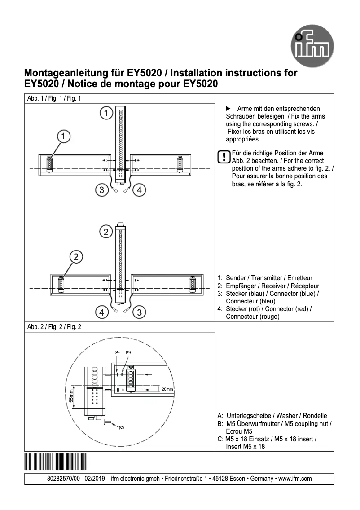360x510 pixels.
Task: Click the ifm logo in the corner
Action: coord(315,47)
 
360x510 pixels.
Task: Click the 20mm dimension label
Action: coord(167,389)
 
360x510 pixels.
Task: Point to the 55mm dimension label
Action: coord(71,396)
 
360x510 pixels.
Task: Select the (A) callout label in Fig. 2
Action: coord(117,352)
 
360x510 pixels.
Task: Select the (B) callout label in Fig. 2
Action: coord(128,352)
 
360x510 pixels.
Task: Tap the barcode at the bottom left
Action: coord(55,462)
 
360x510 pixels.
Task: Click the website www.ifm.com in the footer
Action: coord(295,479)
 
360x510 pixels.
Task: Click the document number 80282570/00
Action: coord(63,479)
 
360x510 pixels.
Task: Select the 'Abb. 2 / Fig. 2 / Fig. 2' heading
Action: coord(54,326)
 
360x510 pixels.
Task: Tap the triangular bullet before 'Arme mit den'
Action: coord(227,109)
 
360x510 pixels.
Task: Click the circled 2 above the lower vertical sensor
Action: coord(105,232)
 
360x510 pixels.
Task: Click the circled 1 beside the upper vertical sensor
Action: coord(105,113)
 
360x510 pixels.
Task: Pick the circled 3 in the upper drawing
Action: coord(102,190)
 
